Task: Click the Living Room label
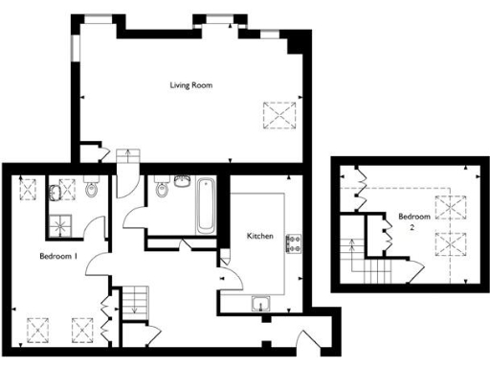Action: [190, 85]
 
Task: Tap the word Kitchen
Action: [261, 236]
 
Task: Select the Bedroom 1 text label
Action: [57, 257]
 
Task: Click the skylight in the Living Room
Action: [279, 114]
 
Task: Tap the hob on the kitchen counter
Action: [293, 243]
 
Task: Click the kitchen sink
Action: [260, 306]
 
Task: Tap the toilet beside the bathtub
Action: [162, 191]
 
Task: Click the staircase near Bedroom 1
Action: [140, 301]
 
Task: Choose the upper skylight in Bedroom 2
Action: [448, 206]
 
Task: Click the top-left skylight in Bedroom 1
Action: [28, 188]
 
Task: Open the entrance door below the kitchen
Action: [308, 340]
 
